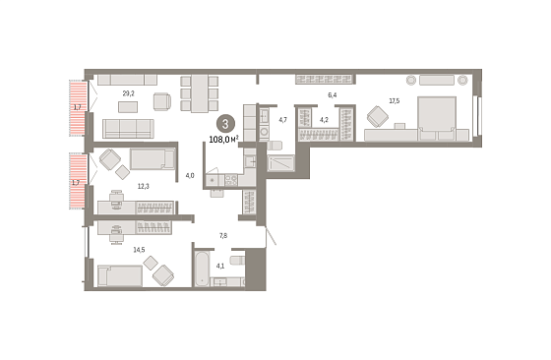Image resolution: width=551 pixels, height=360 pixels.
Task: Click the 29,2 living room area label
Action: [128, 93]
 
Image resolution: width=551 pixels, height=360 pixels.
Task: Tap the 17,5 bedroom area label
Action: [395, 101]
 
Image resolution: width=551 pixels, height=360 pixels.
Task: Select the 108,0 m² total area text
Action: [224, 140]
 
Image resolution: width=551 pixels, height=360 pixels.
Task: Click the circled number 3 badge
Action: [225, 124]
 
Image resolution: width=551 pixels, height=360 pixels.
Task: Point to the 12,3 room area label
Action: [143, 187]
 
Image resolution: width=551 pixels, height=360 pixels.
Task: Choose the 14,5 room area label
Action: [139, 250]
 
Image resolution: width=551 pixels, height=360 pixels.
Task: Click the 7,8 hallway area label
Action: [223, 236]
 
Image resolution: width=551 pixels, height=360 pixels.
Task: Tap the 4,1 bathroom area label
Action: [220, 266]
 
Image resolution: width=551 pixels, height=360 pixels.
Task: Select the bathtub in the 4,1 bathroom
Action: [202, 269]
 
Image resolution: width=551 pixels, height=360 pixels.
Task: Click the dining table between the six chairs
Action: [199, 93]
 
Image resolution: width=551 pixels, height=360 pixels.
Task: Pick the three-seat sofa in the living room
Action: [128, 129]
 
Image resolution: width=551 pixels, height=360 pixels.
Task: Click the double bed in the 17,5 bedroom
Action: [437, 119]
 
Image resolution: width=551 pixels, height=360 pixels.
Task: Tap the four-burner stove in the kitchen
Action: [231, 180]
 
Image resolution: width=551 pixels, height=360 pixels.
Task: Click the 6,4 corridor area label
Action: [333, 95]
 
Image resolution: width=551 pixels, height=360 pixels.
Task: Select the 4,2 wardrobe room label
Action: [324, 120]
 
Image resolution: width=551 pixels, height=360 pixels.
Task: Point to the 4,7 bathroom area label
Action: [283, 120]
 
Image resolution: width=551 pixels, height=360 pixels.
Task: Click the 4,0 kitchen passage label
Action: [190, 176]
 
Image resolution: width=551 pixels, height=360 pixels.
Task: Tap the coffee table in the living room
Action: [128, 107]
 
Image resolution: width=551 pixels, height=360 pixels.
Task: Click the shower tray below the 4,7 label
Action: [280, 163]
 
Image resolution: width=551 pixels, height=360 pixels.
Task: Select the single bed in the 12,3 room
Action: [153, 159]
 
